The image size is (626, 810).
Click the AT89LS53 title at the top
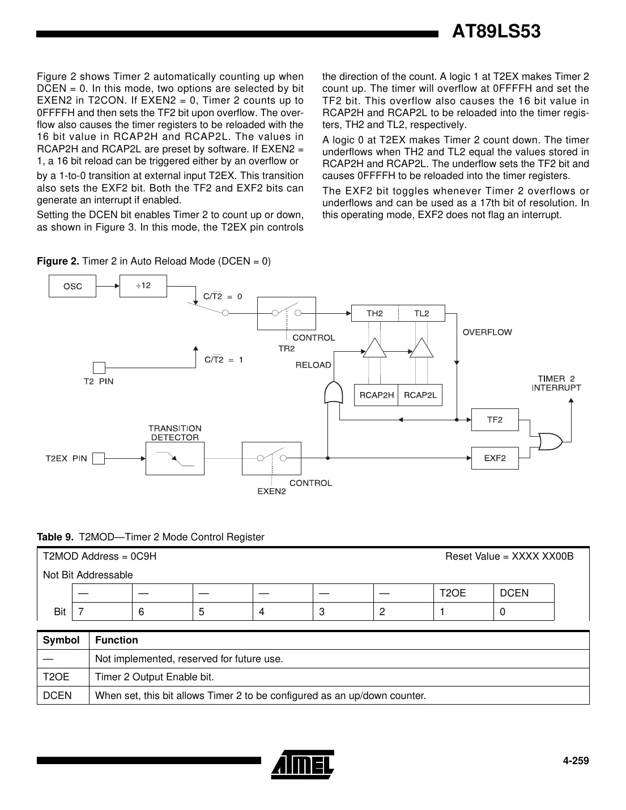496,32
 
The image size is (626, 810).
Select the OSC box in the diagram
73,287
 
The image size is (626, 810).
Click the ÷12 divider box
143,285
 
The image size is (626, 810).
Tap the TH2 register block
374,313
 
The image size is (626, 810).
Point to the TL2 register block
421,313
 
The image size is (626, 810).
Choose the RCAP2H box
376,395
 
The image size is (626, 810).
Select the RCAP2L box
420,395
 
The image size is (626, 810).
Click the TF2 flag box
495,420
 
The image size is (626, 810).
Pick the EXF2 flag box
495,458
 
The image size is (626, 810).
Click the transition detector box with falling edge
174,459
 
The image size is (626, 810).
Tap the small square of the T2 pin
99,368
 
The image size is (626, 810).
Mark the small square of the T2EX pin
99,458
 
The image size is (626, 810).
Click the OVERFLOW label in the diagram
487,332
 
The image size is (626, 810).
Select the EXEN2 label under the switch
271,491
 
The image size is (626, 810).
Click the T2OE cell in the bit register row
463,593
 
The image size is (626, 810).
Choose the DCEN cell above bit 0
523,593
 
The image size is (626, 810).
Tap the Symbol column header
61,640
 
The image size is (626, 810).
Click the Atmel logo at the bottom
303,762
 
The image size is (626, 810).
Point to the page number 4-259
576,761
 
